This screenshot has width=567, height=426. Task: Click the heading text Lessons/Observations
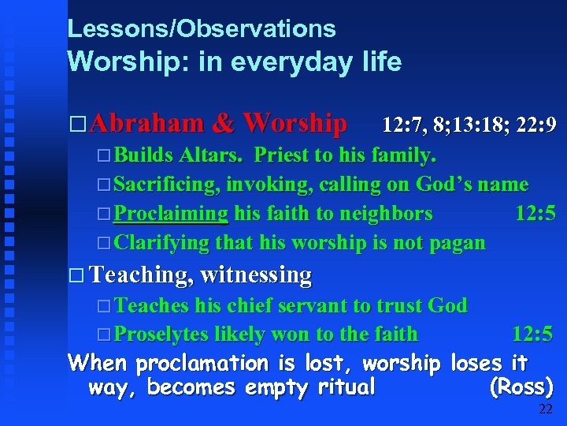pos(202,29)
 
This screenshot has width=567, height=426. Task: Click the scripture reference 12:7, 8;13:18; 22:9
pos(469,125)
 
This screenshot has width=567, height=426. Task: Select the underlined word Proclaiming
pos(171,213)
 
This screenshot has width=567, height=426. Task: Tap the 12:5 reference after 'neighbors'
pos(535,213)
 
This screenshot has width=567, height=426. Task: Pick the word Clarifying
pos(161,242)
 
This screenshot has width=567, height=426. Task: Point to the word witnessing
pos(257,275)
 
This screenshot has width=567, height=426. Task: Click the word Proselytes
pos(163,334)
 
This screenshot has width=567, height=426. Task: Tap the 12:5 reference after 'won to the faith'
pos(532,334)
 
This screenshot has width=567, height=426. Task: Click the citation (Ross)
pos(521,387)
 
